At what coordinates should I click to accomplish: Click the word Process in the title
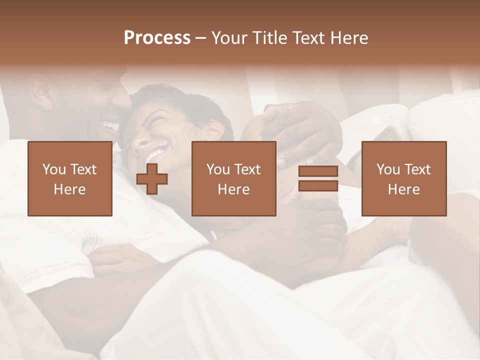click(157, 38)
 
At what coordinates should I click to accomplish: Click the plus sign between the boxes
click(152, 179)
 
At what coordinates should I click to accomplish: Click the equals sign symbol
click(318, 178)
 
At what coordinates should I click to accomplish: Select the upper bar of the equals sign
click(318, 171)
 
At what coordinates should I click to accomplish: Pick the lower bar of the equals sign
click(318, 185)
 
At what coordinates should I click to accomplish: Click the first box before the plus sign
click(70, 178)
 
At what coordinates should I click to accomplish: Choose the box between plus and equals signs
click(234, 178)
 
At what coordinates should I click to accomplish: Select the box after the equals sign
click(404, 178)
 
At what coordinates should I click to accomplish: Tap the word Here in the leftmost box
click(69, 189)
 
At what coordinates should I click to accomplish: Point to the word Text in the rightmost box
click(417, 169)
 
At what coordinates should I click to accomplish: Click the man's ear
click(40, 92)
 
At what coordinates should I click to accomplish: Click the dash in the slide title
click(201, 38)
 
